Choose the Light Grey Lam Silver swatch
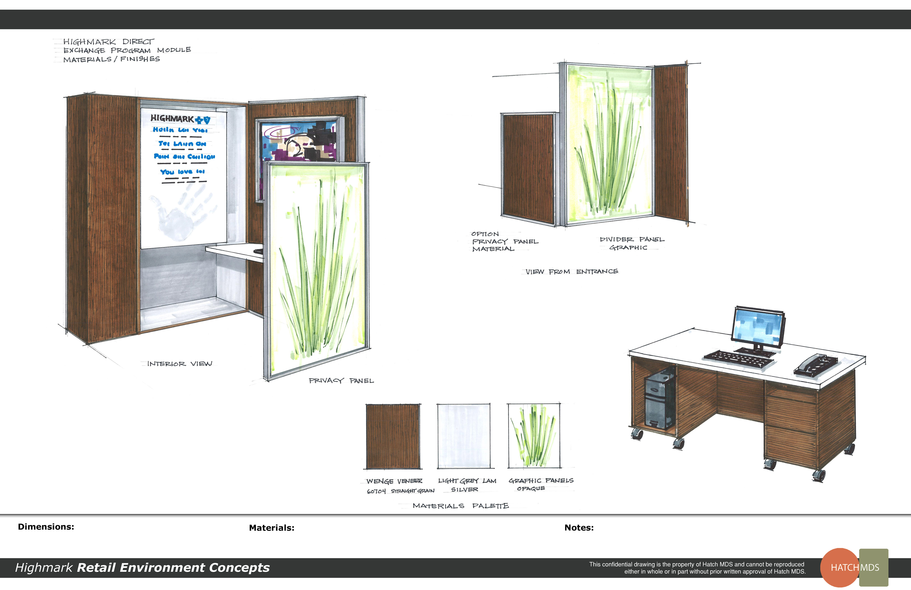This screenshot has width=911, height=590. coord(464,436)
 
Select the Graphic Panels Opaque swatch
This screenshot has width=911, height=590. coord(534,436)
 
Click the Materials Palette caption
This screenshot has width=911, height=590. coord(461,506)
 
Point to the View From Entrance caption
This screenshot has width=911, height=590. coord(571,272)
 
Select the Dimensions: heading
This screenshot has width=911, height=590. coord(46,527)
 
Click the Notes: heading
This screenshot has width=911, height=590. coord(579,528)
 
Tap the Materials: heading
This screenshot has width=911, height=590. coord(271,528)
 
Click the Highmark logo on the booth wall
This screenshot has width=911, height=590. coord(180,119)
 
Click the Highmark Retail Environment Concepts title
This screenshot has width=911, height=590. coord(142,567)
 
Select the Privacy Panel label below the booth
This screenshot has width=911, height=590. coord(341,380)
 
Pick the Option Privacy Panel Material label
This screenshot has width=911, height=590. coord(504,241)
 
